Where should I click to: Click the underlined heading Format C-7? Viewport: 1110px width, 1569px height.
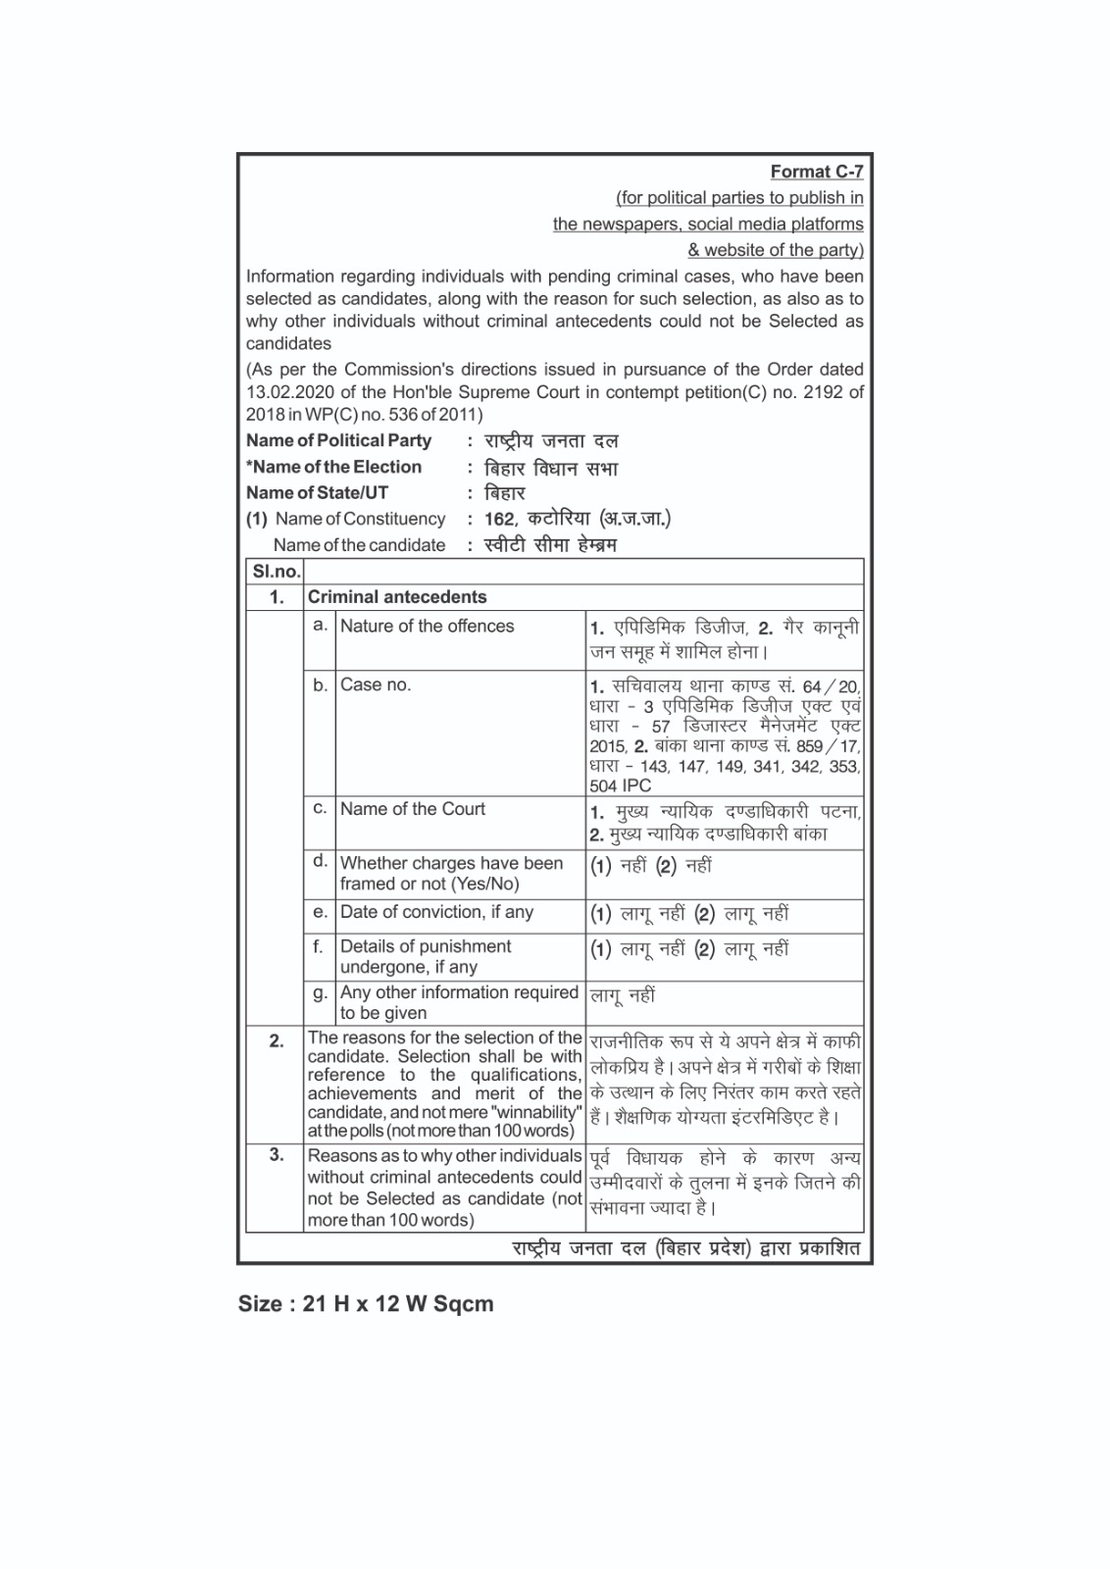click(x=816, y=172)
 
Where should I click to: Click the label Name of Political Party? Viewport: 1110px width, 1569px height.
click(x=338, y=440)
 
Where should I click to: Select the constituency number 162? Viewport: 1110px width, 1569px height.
click(x=499, y=519)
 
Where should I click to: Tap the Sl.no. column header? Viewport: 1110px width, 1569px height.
click(x=276, y=572)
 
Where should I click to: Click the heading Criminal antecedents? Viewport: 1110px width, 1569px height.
click(x=397, y=597)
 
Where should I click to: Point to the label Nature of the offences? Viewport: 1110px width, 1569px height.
click(x=427, y=626)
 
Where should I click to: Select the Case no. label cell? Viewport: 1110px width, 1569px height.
click(x=376, y=684)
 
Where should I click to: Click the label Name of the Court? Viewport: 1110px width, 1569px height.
click(x=413, y=809)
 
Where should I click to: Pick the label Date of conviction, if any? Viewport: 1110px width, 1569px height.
click(x=436, y=912)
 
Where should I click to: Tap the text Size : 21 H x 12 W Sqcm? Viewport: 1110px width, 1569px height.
click(x=366, y=1304)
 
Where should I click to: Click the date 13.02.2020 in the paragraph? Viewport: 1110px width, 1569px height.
click(x=284, y=392)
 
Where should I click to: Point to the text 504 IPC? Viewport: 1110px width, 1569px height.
click(x=620, y=785)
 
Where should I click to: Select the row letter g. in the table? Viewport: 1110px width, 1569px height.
click(x=320, y=992)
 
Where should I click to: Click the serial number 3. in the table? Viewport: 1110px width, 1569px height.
click(x=277, y=1155)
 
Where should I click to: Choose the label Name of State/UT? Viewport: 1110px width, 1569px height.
click(x=317, y=492)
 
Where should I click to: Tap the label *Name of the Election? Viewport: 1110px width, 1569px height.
click(x=333, y=467)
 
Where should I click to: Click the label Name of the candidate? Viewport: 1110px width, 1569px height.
click(x=359, y=545)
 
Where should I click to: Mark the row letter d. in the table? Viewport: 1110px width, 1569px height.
click(x=320, y=861)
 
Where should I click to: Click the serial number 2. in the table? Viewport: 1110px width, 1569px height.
click(x=277, y=1040)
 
